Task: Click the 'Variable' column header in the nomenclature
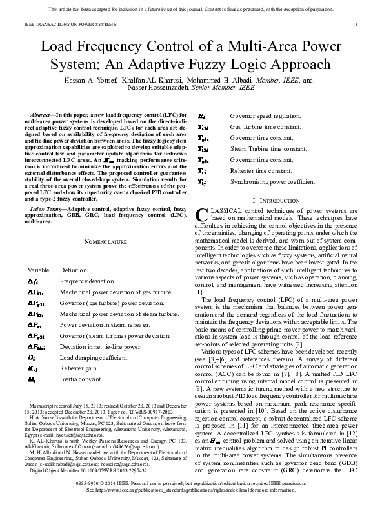39,270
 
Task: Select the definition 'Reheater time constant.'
261,171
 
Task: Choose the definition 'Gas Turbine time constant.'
265,127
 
